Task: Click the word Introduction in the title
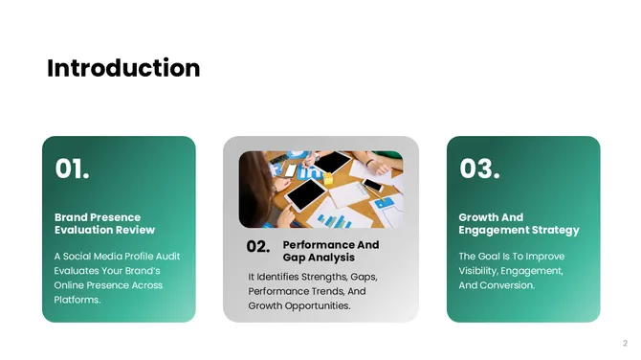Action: click(123, 68)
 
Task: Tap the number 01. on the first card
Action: click(72, 169)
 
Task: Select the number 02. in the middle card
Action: click(258, 247)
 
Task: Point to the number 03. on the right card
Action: click(479, 169)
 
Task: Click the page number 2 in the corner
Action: click(625, 343)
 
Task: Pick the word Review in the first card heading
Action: click(135, 230)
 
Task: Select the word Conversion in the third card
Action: click(508, 285)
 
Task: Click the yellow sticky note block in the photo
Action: click(328, 177)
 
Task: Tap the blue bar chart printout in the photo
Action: click(334, 219)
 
